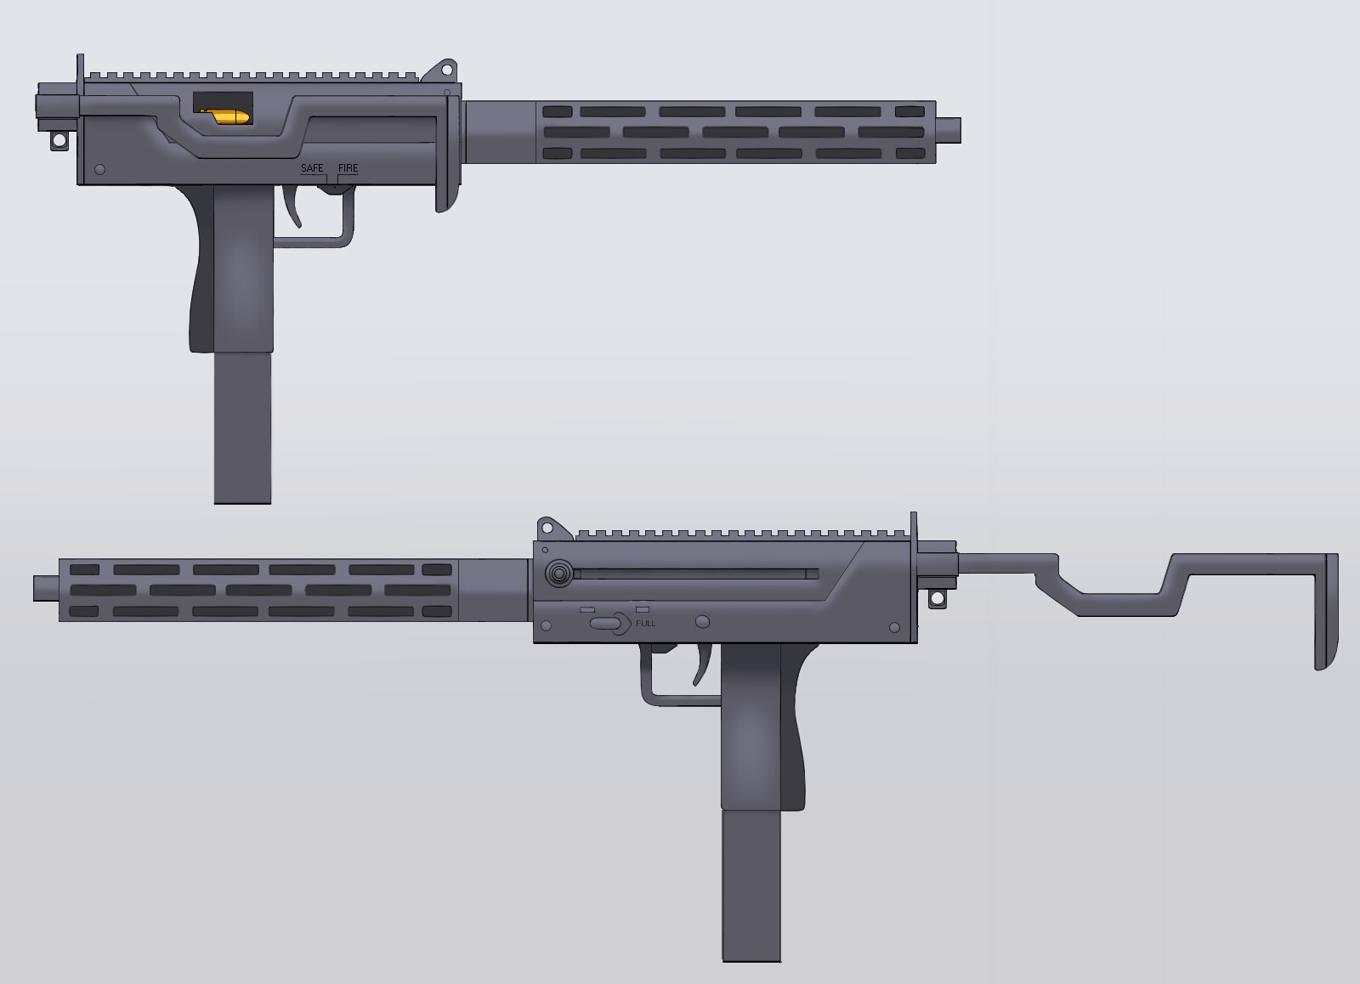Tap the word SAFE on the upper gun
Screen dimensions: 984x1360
tap(312, 168)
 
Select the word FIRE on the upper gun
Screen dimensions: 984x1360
tap(348, 168)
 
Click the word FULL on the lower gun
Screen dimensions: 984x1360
tap(645, 623)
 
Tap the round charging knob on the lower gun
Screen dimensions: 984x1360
tap(558, 575)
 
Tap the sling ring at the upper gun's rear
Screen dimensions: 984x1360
tap(59, 140)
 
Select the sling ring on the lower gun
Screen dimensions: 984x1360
tap(937, 598)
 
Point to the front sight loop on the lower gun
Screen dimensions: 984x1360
tap(548, 529)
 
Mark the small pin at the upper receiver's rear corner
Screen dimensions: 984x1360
tap(99, 170)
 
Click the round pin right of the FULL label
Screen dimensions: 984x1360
tap(702, 622)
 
